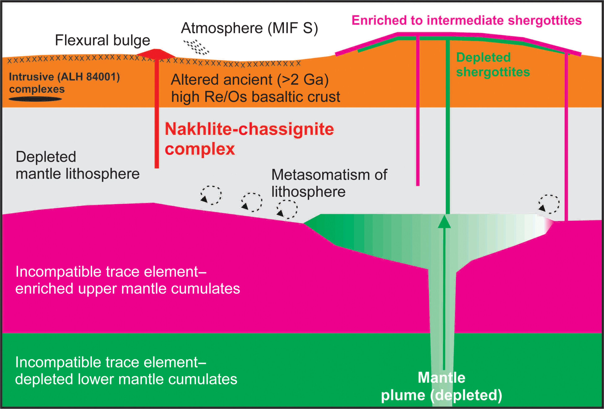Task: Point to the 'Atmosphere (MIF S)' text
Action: (249, 28)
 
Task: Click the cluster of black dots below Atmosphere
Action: (197, 47)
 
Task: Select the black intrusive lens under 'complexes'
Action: (35, 99)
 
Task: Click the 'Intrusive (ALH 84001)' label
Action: (64, 77)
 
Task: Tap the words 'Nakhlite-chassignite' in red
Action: (249, 129)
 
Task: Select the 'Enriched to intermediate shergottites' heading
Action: (466, 20)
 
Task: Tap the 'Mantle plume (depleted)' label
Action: (441, 386)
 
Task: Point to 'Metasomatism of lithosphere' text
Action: (329, 183)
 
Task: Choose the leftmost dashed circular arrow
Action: (211, 195)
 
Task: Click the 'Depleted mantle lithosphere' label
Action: (77, 165)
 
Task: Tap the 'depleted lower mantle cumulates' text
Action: (126, 379)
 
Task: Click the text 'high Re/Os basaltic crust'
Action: (255, 97)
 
